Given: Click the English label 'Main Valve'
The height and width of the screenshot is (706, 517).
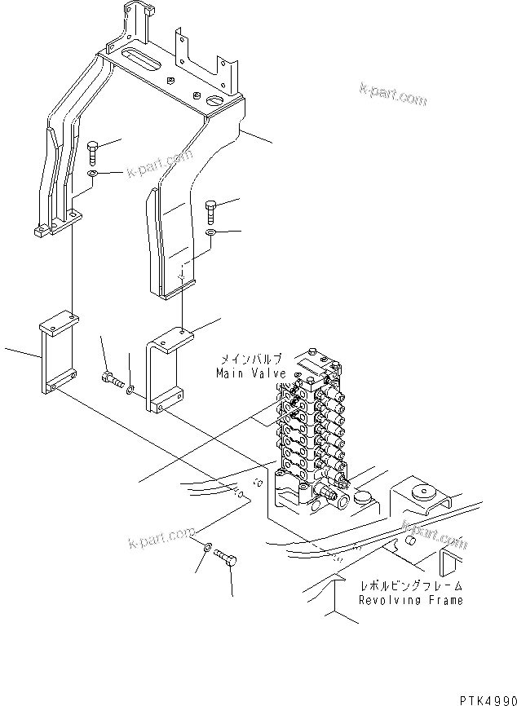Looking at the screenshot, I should (251, 373).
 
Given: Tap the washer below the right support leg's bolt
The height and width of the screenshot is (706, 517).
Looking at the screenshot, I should (210, 233).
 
